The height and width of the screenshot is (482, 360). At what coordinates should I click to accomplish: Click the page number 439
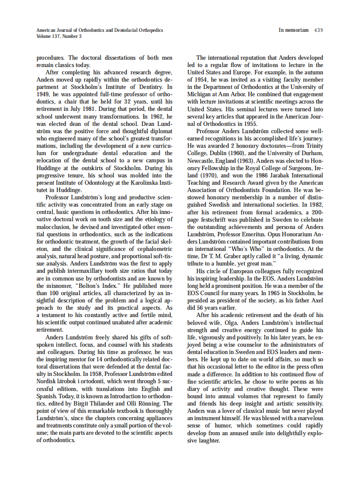[x=318, y=30]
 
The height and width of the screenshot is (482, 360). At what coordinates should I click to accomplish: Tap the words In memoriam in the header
[x=293, y=30]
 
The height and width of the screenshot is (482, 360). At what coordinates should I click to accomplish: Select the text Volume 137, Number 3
[x=59, y=36]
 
